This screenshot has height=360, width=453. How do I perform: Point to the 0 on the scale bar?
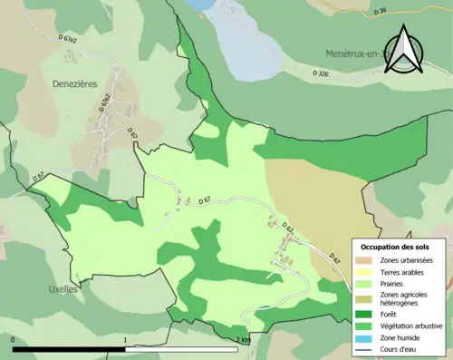(14, 340)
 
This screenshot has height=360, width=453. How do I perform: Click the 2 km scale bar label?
(241, 340)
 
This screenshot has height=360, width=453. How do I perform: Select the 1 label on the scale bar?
(126, 340)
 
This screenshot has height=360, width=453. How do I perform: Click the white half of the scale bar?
(181, 348)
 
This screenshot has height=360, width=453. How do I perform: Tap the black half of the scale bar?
(69, 348)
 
